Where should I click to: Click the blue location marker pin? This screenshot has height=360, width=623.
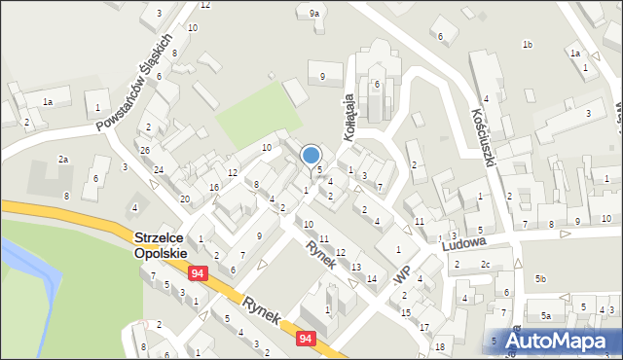pyautogui.click(x=311, y=156)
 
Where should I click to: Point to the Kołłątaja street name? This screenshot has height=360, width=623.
pyautogui.click(x=352, y=119)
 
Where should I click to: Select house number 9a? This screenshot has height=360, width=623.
pyautogui.click(x=313, y=14)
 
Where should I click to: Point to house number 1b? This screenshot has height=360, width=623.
pyautogui.click(x=527, y=45)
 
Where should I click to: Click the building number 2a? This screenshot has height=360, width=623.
pyautogui.click(x=63, y=159)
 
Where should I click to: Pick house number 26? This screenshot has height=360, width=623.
pyautogui.click(x=144, y=150)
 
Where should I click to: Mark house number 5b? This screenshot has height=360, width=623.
pyautogui.click(x=540, y=280)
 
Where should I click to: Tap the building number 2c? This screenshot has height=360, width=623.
pyautogui.click(x=484, y=265)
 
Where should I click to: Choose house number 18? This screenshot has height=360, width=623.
pyautogui.click(x=440, y=346)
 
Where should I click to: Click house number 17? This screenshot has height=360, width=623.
pyautogui.click(x=424, y=327)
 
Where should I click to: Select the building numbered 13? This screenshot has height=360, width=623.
pyautogui.click(x=356, y=267)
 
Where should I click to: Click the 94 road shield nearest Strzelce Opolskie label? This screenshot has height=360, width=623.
pyautogui.click(x=199, y=274)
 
